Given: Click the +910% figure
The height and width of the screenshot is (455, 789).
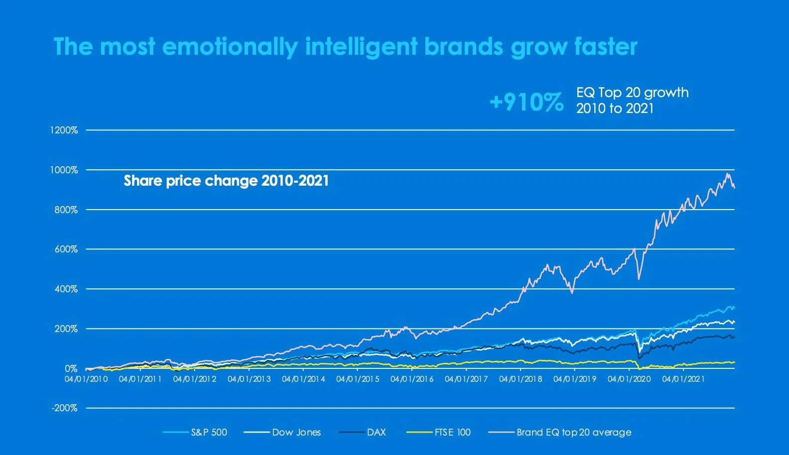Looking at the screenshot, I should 526,102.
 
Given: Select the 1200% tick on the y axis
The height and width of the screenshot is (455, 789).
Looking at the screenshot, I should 64,130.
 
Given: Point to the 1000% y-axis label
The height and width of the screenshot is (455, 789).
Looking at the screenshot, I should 64,170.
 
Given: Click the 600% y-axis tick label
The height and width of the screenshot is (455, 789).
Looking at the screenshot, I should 66,249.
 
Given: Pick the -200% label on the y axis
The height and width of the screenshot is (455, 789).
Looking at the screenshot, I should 65,408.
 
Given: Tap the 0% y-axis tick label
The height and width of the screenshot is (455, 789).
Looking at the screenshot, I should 71,369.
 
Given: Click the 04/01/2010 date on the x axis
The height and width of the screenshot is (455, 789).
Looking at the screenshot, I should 86,379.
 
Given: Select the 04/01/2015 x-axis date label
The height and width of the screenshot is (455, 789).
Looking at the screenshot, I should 358,379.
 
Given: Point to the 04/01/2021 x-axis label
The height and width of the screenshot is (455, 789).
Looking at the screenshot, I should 683,379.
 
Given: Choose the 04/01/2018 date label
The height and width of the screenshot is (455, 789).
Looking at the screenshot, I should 521,379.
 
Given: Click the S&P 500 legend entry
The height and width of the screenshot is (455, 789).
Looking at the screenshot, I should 209,432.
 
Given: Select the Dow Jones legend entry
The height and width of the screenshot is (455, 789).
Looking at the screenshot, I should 296,432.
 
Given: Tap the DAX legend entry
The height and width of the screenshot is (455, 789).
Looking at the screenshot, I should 376,432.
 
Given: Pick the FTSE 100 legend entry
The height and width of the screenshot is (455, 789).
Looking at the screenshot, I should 452,432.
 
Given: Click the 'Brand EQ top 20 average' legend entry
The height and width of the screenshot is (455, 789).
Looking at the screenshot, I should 574,432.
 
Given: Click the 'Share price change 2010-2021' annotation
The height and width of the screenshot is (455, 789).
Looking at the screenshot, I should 226,180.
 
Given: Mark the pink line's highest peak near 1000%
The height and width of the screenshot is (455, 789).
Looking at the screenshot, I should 728,174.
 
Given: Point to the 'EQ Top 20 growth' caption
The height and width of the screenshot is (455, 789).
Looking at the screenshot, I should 632,93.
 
